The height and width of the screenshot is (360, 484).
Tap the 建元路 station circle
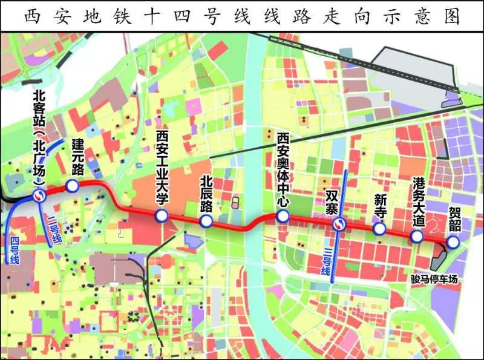[x=73, y=186]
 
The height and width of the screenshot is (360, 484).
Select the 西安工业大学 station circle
[x=162, y=216]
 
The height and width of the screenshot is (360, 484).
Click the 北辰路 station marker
[x=206, y=222]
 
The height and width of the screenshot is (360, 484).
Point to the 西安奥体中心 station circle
[x=282, y=217]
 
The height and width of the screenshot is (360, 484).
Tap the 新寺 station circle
[x=379, y=229]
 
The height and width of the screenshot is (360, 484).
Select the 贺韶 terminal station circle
[x=453, y=242]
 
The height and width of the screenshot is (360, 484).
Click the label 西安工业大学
[x=162, y=166]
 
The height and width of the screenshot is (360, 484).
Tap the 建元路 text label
[x=77, y=156]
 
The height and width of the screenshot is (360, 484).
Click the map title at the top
[x=241, y=16]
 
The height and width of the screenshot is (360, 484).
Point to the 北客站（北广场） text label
[x=39, y=136]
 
